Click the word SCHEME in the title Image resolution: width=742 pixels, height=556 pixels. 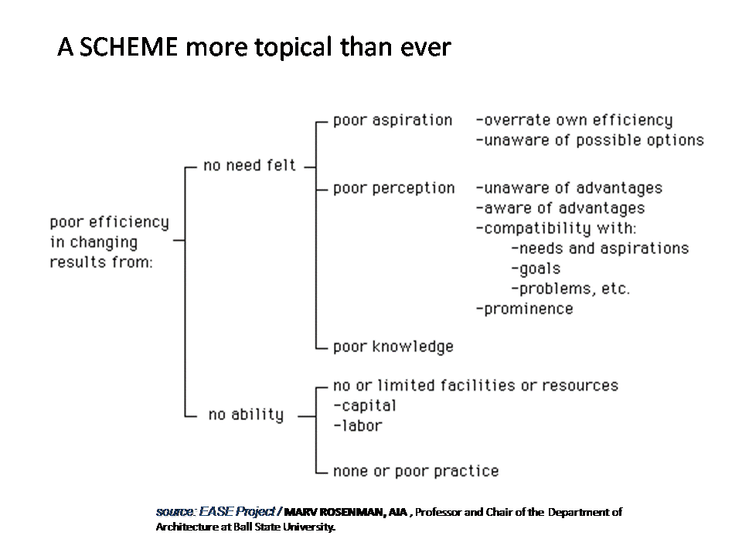pyautogui.click(x=128, y=47)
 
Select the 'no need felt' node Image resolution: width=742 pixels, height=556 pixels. pyautogui.click(x=250, y=165)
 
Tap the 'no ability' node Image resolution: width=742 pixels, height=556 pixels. pyautogui.click(x=246, y=415)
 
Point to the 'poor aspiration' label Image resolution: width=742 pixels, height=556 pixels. pyautogui.click(x=393, y=120)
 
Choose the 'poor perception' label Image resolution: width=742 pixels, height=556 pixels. pyautogui.click(x=393, y=188)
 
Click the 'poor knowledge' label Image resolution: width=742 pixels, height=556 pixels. pyautogui.click(x=393, y=347)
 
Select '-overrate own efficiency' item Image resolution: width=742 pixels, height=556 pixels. pyautogui.click(x=574, y=120)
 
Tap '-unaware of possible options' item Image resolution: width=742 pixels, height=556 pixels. pyautogui.click(x=590, y=141)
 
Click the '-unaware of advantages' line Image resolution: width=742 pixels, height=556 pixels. pyautogui.click(x=569, y=188)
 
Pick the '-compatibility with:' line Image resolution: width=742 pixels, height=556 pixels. pyautogui.click(x=556, y=229)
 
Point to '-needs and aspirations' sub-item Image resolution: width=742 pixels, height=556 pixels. pyautogui.click(x=600, y=249)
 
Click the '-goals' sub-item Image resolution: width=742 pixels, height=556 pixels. pyautogui.click(x=536, y=269)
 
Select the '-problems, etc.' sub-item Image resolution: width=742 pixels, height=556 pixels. pyautogui.click(x=570, y=289)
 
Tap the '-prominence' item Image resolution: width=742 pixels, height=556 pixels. pyautogui.click(x=524, y=309)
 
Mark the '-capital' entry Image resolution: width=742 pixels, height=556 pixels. pyautogui.click(x=364, y=406)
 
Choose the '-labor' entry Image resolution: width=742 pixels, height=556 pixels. pyautogui.click(x=357, y=426)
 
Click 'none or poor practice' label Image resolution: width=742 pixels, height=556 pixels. pyautogui.click(x=416, y=471)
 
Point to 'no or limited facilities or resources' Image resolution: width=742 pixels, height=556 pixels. pyautogui.click(x=475, y=386)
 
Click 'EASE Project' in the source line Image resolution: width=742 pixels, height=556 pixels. pyautogui.click(x=237, y=511)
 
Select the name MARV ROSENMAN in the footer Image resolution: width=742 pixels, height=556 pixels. pyautogui.click(x=334, y=512)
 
